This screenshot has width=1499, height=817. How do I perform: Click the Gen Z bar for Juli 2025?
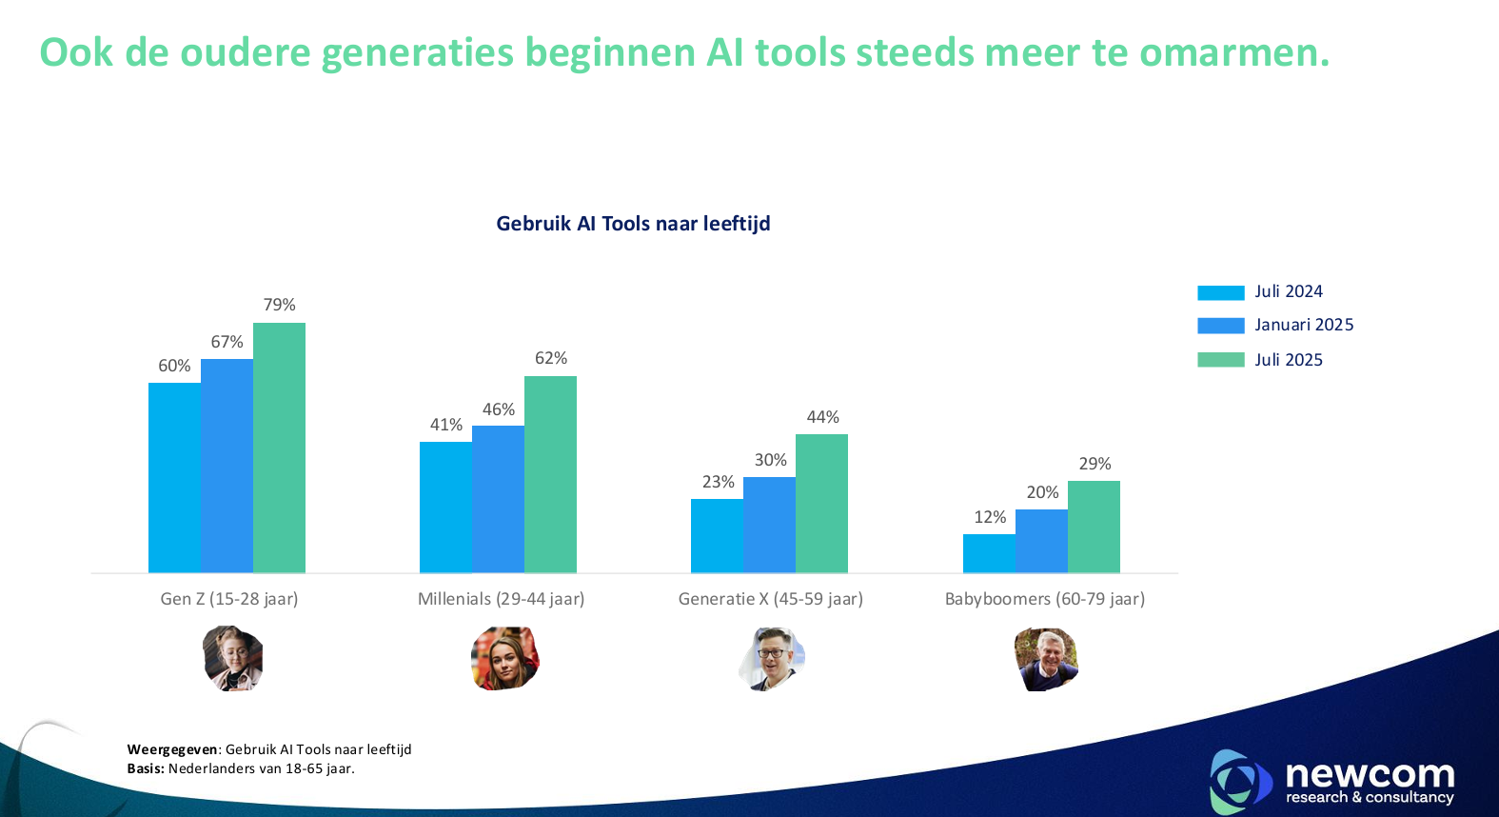click(279, 448)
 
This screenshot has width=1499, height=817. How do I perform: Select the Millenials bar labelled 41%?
click(445, 507)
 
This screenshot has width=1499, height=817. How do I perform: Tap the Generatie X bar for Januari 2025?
click(769, 525)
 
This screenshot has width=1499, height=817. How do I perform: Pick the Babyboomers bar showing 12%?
click(989, 553)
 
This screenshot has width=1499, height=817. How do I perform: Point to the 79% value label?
click(280, 305)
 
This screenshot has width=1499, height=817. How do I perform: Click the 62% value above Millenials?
click(551, 358)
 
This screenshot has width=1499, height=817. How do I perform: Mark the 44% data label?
click(822, 417)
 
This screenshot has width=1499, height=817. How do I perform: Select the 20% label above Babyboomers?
click(1042, 492)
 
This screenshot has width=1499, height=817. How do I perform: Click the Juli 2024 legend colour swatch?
click(1220, 292)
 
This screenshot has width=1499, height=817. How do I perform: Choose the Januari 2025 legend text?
click(1304, 325)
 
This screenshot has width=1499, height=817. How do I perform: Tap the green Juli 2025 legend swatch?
click(1220, 360)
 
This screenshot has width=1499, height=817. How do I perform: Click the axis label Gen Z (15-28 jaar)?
click(229, 599)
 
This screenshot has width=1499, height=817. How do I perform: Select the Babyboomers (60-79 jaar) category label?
click(1044, 599)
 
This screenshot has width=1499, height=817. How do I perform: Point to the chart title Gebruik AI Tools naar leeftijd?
click(633, 224)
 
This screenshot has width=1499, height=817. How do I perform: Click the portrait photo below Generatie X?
click(772, 658)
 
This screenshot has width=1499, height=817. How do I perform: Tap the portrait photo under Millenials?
click(504, 658)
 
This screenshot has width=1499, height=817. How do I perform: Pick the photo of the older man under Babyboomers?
click(1046, 658)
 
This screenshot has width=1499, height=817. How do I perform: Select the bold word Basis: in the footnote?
click(146, 768)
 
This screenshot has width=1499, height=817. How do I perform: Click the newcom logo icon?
click(1239, 781)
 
